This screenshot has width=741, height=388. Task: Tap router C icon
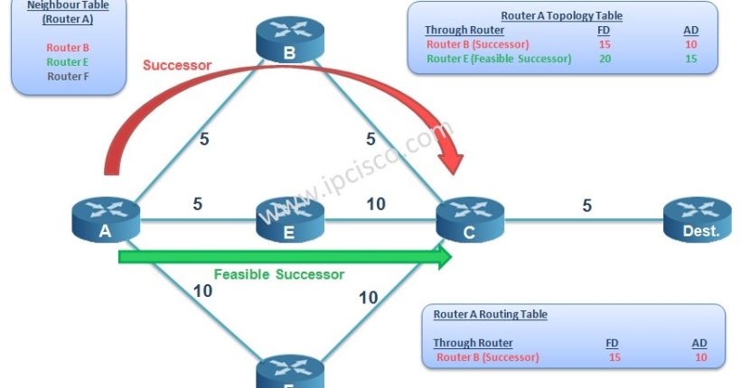pyautogui.click(x=470, y=219)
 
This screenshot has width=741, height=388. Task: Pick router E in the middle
pyautogui.click(x=289, y=219)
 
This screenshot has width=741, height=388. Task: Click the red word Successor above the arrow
pyautogui.click(x=177, y=65)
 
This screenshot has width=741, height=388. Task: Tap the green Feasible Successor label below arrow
pyautogui.click(x=278, y=273)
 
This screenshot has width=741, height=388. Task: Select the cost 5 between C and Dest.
pyautogui.click(x=586, y=206)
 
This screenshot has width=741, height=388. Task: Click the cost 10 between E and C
pyautogui.click(x=376, y=204)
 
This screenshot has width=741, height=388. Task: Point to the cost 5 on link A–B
pyautogui.click(x=205, y=139)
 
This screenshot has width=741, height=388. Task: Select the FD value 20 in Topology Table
pyautogui.click(x=604, y=58)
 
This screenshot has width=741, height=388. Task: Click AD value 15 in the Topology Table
pyautogui.click(x=690, y=58)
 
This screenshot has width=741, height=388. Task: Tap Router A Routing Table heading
pyautogui.click(x=490, y=314)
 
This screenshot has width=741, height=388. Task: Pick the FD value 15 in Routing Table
pyautogui.click(x=613, y=357)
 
